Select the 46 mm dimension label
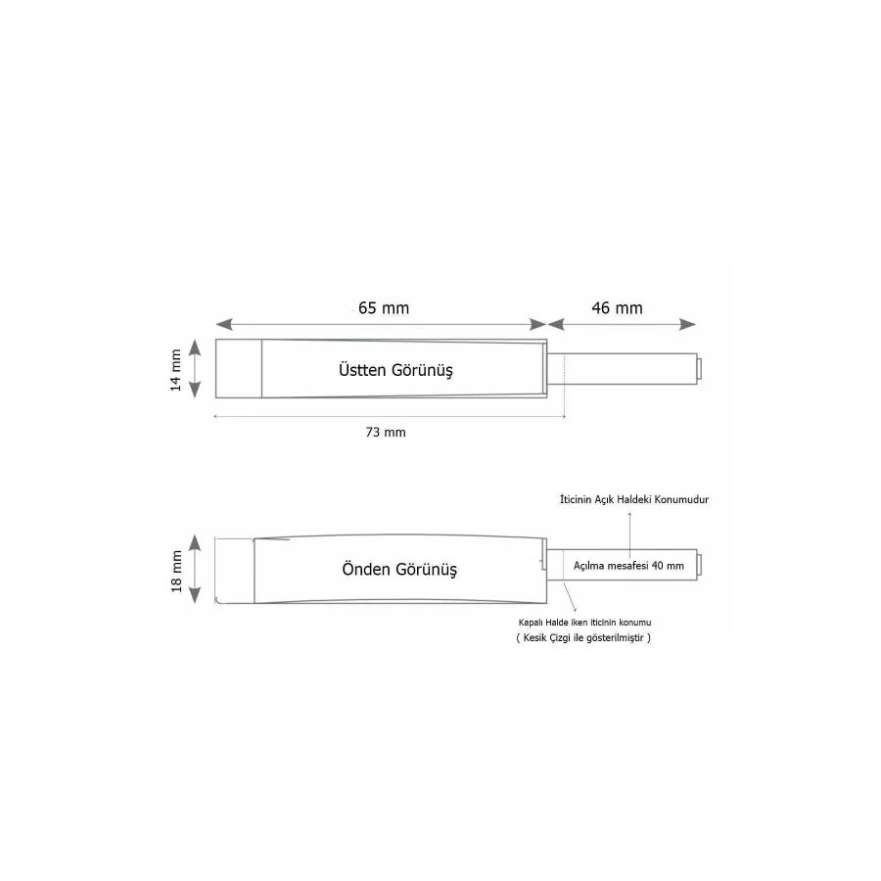618,307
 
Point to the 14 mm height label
176,368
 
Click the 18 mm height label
176,569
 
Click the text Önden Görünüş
399,569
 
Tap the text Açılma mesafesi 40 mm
627,566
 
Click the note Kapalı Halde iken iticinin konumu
584,623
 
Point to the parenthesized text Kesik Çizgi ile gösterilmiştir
583,638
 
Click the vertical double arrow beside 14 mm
195,368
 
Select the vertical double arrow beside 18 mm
196,569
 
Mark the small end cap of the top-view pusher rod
699,368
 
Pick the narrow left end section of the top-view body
238,368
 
